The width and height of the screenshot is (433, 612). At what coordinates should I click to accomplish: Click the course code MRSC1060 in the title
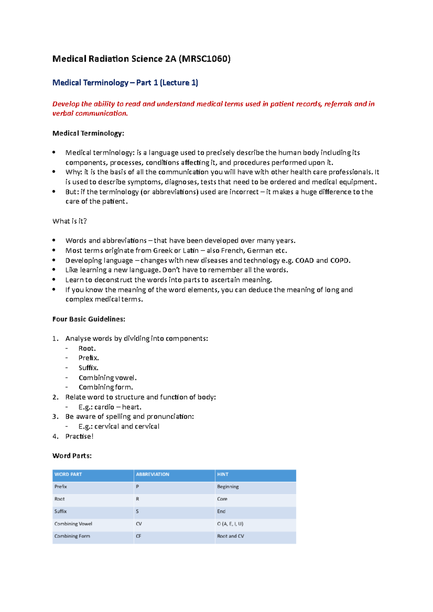pos(205,59)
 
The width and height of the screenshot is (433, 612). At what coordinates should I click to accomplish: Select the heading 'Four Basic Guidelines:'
pos(89,319)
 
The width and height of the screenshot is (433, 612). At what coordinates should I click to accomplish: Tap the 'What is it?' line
pos(70,221)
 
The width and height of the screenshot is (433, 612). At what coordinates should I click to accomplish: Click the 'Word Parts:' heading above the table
pos(72,456)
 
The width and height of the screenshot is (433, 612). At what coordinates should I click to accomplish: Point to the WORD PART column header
pos(68,474)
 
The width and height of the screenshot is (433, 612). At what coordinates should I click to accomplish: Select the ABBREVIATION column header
pos(152,474)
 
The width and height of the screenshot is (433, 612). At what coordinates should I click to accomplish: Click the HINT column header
pos(223,474)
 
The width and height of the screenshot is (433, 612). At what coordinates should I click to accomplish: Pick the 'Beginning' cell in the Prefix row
pos(228,487)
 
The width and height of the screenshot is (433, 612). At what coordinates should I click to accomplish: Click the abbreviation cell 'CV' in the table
pos(139,524)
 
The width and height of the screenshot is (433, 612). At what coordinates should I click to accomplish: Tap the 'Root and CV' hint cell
pos(230,536)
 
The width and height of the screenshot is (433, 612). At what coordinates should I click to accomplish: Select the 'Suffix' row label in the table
pos(61,511)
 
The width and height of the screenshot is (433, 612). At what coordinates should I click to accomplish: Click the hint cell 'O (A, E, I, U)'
pos(230,524)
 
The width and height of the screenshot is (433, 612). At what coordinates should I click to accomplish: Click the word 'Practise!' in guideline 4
pos(79,436)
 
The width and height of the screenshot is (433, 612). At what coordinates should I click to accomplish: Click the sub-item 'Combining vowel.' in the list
pos(108,378)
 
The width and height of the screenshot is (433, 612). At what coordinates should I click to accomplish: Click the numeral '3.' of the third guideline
pos(55,417)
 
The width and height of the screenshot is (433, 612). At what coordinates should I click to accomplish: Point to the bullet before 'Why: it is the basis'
pos(54,172)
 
